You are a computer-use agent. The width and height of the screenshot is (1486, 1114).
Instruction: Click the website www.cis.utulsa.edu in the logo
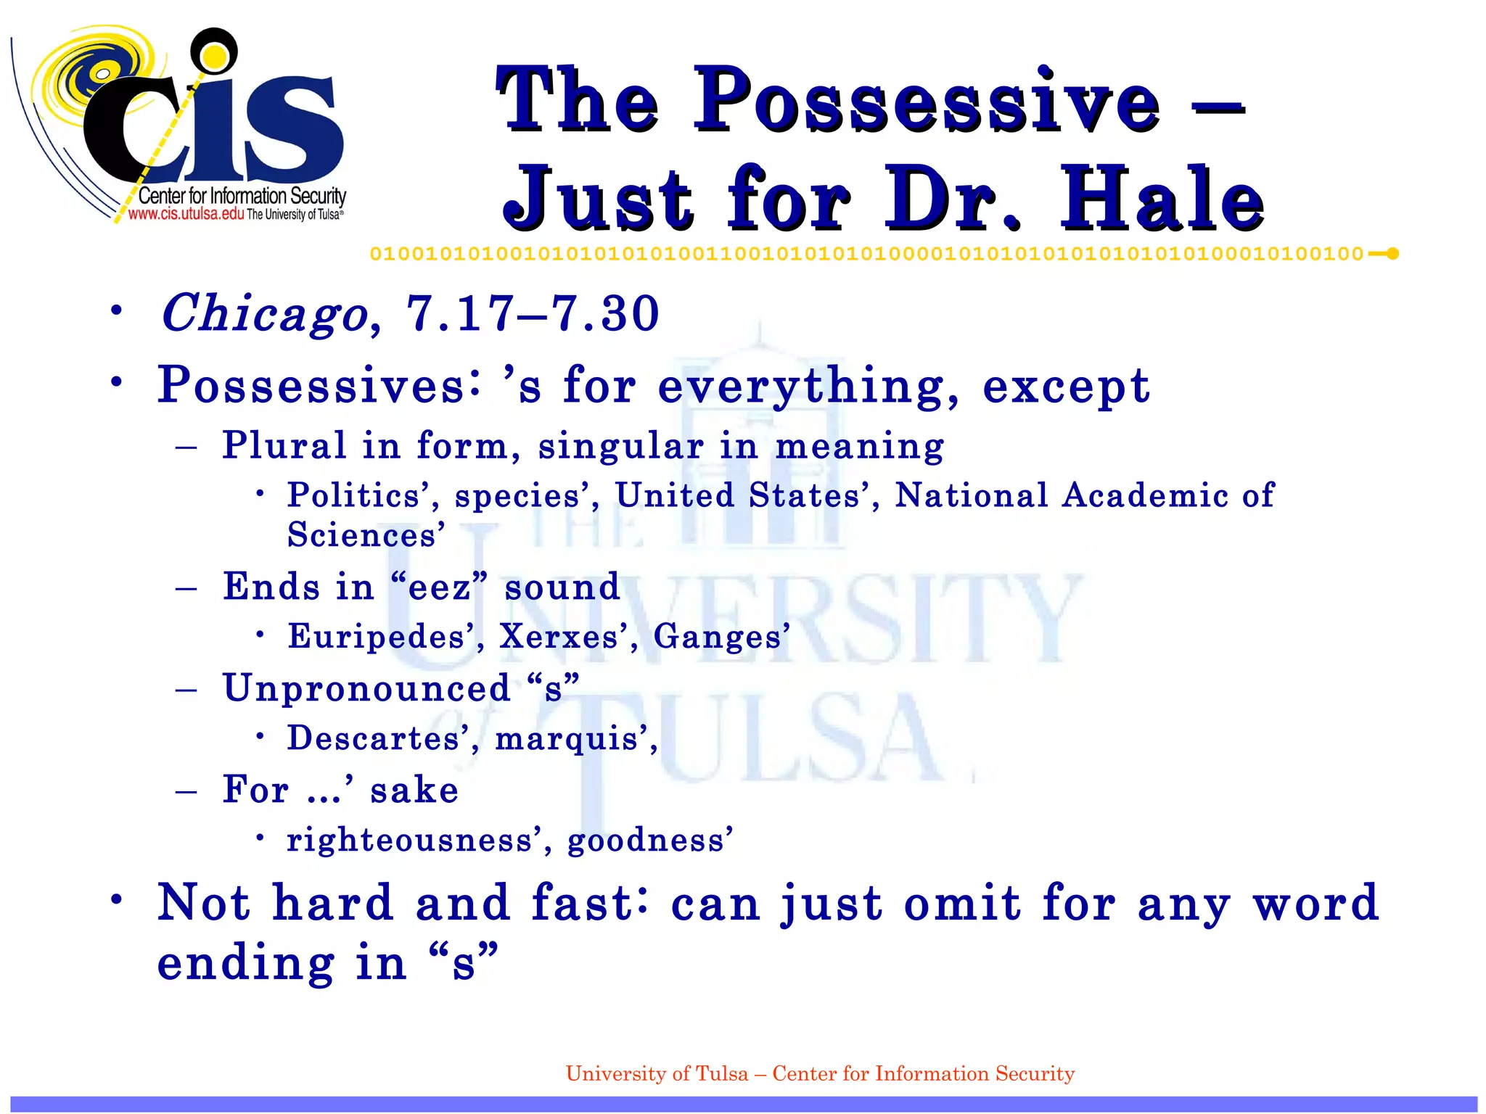point(186,214)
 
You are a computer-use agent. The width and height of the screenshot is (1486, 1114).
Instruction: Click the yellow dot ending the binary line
point(1392,254)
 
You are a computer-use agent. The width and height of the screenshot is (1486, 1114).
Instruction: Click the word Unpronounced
point(366,688)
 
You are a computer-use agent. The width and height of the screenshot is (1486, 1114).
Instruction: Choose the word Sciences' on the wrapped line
point(366,535)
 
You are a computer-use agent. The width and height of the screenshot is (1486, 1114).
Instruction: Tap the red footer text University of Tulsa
point(656,1073)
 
